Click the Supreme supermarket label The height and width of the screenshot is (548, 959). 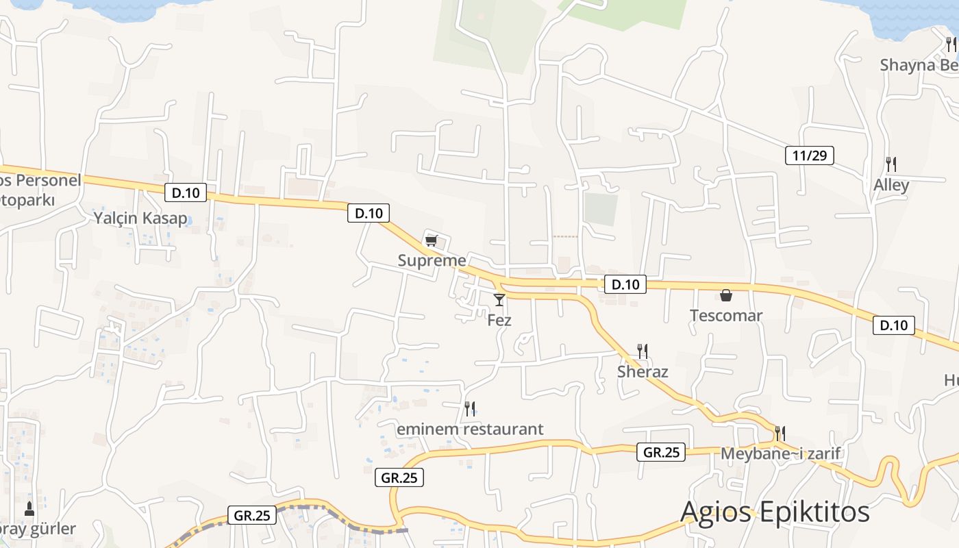(x=432, y=261)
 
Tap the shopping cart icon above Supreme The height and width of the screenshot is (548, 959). (x=431, y=240)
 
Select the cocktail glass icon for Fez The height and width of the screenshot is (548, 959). (x=499, y=299)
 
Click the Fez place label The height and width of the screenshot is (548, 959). (x=499, y=320)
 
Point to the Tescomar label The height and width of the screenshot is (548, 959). (x=726, y=316)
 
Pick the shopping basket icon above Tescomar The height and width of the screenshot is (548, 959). (x=726, y=295)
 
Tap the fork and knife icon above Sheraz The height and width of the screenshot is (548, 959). (x=643, y=351)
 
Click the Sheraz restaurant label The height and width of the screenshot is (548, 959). (x=643, y=372)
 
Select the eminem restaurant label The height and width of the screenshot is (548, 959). (x=470, y=429)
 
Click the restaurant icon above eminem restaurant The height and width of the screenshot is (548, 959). (x=470, y=409)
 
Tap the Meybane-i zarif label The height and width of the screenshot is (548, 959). (x=780, y=454)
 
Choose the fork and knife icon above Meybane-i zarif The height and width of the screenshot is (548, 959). (x=780, y=434)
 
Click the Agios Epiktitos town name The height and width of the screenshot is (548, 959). (x=775, y=512)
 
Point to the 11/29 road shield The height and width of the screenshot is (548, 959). (x=809, y=155)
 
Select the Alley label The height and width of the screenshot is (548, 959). (x=891, y=185)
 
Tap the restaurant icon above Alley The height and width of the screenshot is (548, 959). (x=891, y=164)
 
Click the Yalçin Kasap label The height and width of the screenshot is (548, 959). (x=140, y=219)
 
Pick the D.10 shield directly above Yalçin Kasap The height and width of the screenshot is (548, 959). (x=186, y=193)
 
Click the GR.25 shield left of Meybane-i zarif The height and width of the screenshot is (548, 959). (x=662, y=452)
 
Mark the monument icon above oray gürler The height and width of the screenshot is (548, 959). (x=29, y=509)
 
